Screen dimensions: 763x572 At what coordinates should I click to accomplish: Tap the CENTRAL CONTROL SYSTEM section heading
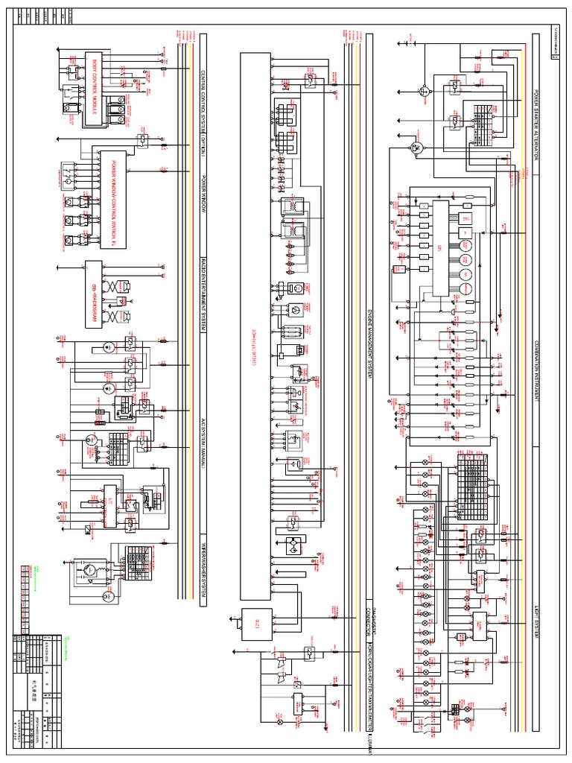[203, 109]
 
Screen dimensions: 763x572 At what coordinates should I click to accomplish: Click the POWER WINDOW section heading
[203, 197]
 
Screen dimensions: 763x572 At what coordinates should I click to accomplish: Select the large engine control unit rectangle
[255, 328]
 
